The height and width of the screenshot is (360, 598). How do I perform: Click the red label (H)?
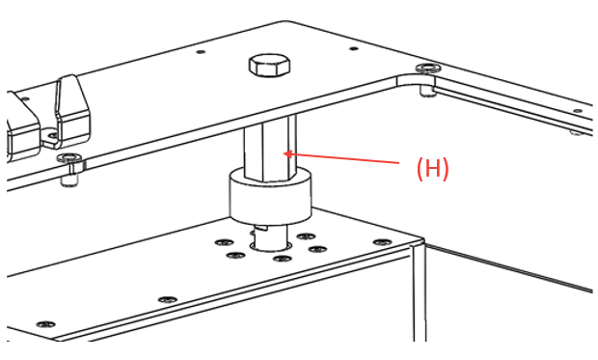tap(432, 168)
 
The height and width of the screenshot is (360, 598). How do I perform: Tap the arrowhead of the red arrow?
tap(287, 152)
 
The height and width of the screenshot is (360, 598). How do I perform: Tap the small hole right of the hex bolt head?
tap(354, 47)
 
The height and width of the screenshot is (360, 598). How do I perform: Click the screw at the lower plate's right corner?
tap(382, 241)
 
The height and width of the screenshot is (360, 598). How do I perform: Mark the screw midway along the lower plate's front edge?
tap(168, 299)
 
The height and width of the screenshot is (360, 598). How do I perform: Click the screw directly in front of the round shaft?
tap(282, 259)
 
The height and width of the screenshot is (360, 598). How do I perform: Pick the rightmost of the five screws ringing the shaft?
tap(316, 249)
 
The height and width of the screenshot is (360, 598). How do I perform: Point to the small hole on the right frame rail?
tap(575, 131)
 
